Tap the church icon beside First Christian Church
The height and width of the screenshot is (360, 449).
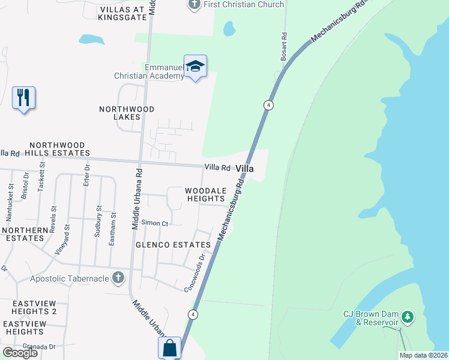tap(194, 5)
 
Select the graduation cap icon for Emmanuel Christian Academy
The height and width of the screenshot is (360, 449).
tap(195, 67)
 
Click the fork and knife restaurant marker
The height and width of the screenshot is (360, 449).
tap(23, 97)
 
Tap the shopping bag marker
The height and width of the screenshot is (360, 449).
tap(169, 348)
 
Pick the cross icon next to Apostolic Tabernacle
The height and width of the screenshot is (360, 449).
tap(118, 278)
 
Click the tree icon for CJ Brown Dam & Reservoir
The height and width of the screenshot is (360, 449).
tap(408, 316)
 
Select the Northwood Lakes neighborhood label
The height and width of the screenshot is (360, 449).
tap(127, 113)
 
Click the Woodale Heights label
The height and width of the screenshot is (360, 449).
tap(205, 194)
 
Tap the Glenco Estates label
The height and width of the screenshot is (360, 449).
tap(173, 245)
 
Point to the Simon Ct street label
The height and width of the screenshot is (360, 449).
tap(155, 223)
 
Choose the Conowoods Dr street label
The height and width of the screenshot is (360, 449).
tap(199, 272)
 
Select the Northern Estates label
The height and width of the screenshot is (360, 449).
tap(25, 234)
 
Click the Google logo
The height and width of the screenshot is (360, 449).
tap(20, 353)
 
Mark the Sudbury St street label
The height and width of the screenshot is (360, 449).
tap(98, 221)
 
